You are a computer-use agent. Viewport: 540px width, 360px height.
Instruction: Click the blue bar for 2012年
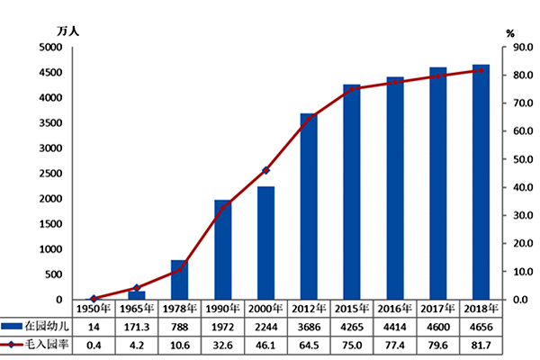click(x=309, y=207)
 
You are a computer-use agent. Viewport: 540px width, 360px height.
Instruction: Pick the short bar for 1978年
click(x=179, y=280)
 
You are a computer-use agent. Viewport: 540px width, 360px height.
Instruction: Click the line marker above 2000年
click(x=265, y=170)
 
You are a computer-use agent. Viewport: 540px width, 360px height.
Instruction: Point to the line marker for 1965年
click(x=137, y=288)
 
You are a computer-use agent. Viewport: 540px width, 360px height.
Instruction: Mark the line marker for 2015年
click(x=352, y=89)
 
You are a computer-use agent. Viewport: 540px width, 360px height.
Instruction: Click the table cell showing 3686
click(x=309, y=327)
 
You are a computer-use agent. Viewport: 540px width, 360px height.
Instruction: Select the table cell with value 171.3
click(x=136, y=327)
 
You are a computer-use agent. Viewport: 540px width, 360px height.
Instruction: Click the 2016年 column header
click(x=395, y=309)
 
